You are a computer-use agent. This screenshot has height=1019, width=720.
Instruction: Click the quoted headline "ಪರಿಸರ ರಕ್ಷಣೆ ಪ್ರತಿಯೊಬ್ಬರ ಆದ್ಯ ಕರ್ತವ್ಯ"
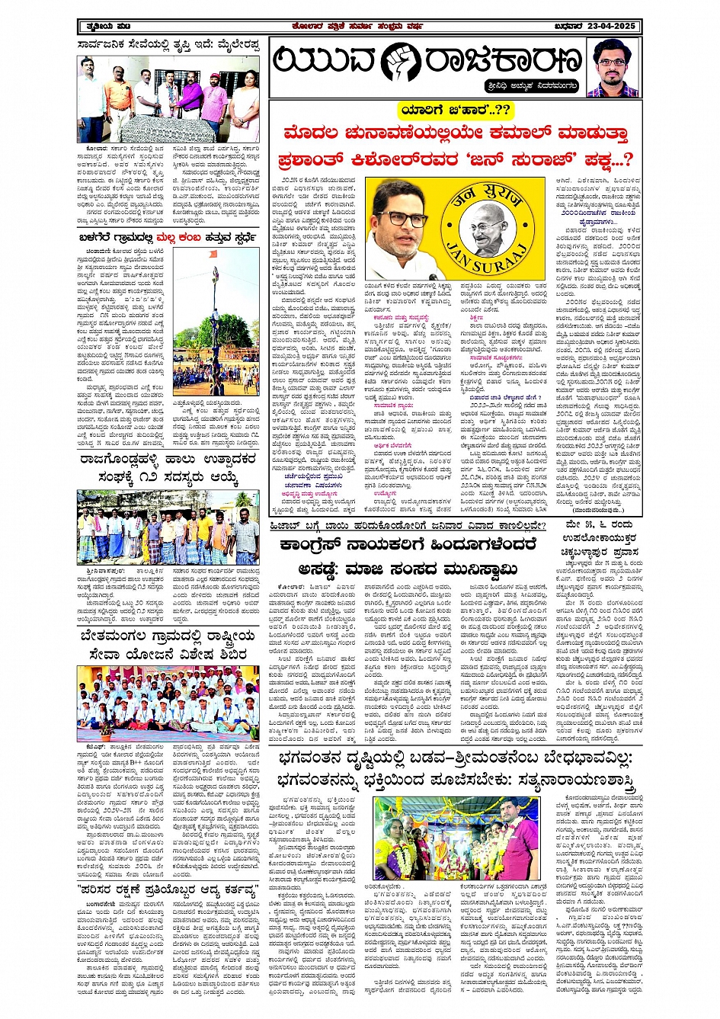pos(168,889)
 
